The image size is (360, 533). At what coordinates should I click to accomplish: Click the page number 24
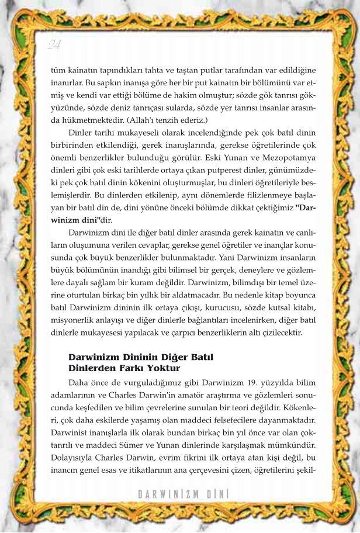54,44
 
